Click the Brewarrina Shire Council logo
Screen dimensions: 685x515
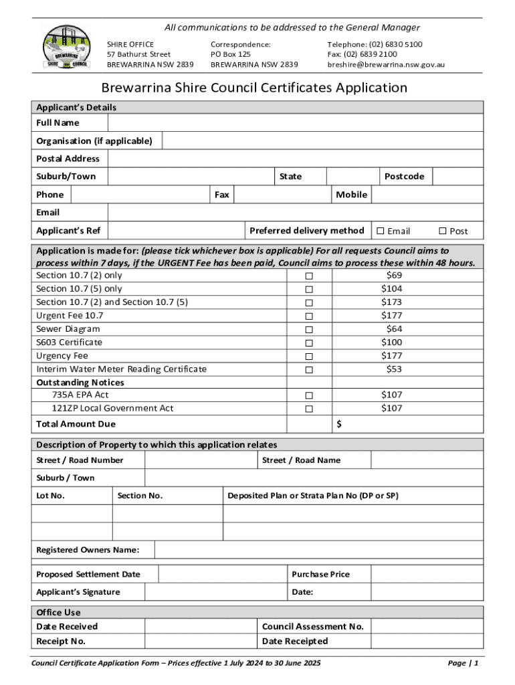(x=65, y=47)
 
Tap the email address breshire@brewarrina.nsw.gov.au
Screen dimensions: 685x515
(x=386, y=65)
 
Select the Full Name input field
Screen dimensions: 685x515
(x=294, y=123)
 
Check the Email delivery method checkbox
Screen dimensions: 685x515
(x=381, y=231)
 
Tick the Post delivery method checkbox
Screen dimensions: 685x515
(x=442, y=231)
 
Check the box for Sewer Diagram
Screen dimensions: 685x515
(x=309, y=330)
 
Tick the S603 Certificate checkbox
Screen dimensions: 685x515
(x=309, y=343)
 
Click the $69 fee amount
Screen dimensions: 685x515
(x=394, y=276)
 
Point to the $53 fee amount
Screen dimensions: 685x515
(x=394, y=369)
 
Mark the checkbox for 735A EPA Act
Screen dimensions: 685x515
(x=309, y=396)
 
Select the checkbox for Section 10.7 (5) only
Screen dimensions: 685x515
(x=309, y=290)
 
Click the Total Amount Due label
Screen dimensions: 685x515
(x=76, y=424)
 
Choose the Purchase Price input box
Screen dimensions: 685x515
(x=426, y=574)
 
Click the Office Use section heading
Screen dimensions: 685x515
(x=58, y=612)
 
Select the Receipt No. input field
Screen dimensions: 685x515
(x=201, y=642)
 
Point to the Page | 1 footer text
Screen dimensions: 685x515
(x=463, y=663)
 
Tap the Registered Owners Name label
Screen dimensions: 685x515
(x=88, y=550)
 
